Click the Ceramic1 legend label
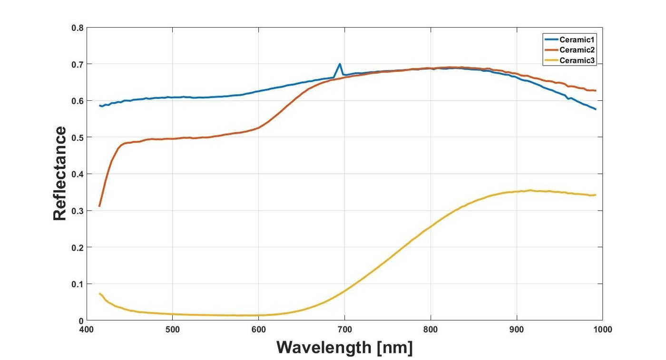click(x=578, y=39)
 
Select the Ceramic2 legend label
click(x=578, y=49)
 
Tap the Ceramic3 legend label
click(x=578, y=60)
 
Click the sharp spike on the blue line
click(x=340, y=64)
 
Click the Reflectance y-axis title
click(x=60, y=174)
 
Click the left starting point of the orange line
click(x=99, y=206)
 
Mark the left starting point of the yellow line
click(x=99, y=293)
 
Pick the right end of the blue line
click(x=596, y=109)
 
